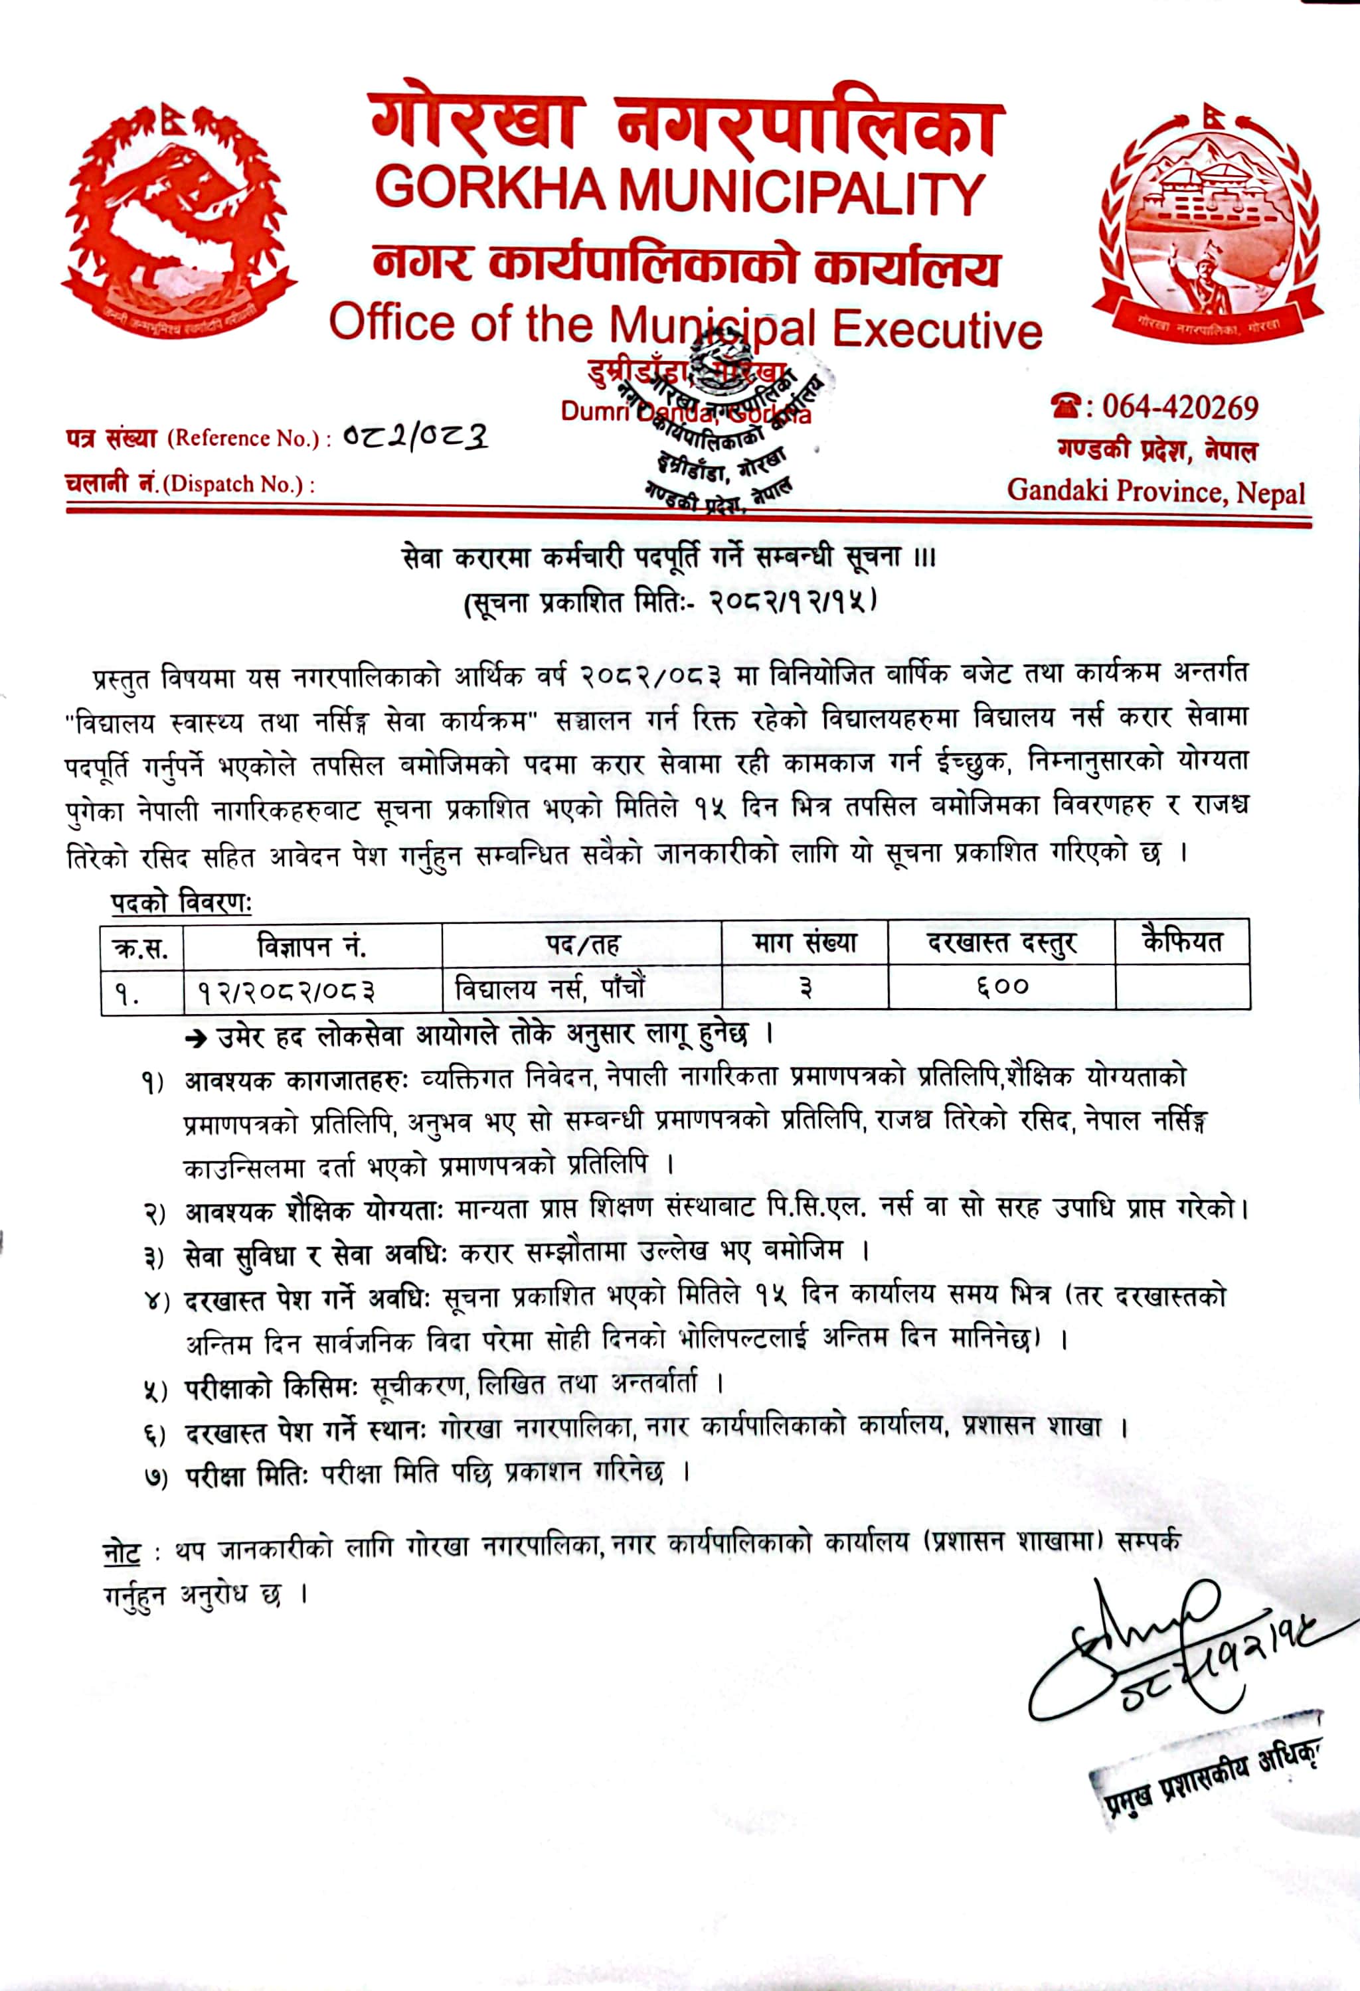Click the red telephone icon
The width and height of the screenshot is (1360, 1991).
pos(1068,406)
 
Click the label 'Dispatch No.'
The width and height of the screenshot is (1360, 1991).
pos(235,484)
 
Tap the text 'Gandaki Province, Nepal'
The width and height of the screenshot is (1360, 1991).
pos(1156,491)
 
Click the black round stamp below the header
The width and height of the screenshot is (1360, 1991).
pos(728,428)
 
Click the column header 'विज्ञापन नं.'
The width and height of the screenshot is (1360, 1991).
pos(312,946)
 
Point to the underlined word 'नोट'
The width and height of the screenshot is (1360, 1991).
pos(121,1552)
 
